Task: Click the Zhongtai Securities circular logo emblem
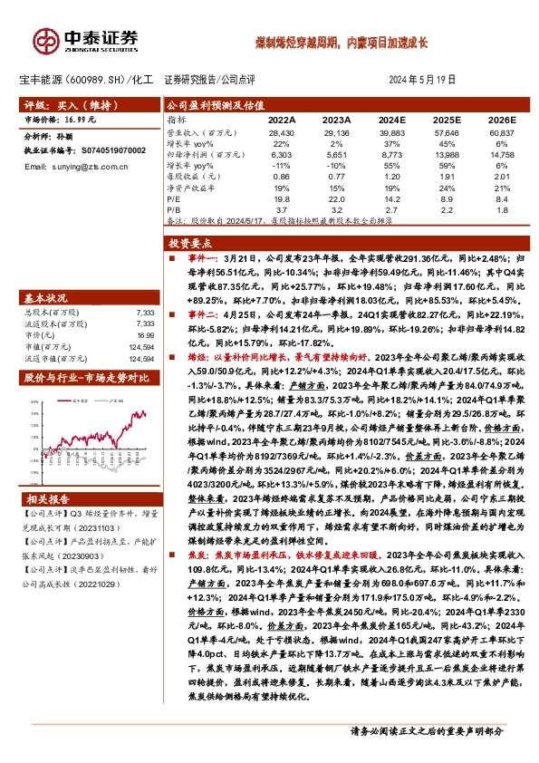[x=44, y=38]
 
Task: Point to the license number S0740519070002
[x=109, y=151]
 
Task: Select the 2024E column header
[x=390, y=120]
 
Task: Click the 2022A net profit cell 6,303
[x=282, y=155]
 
